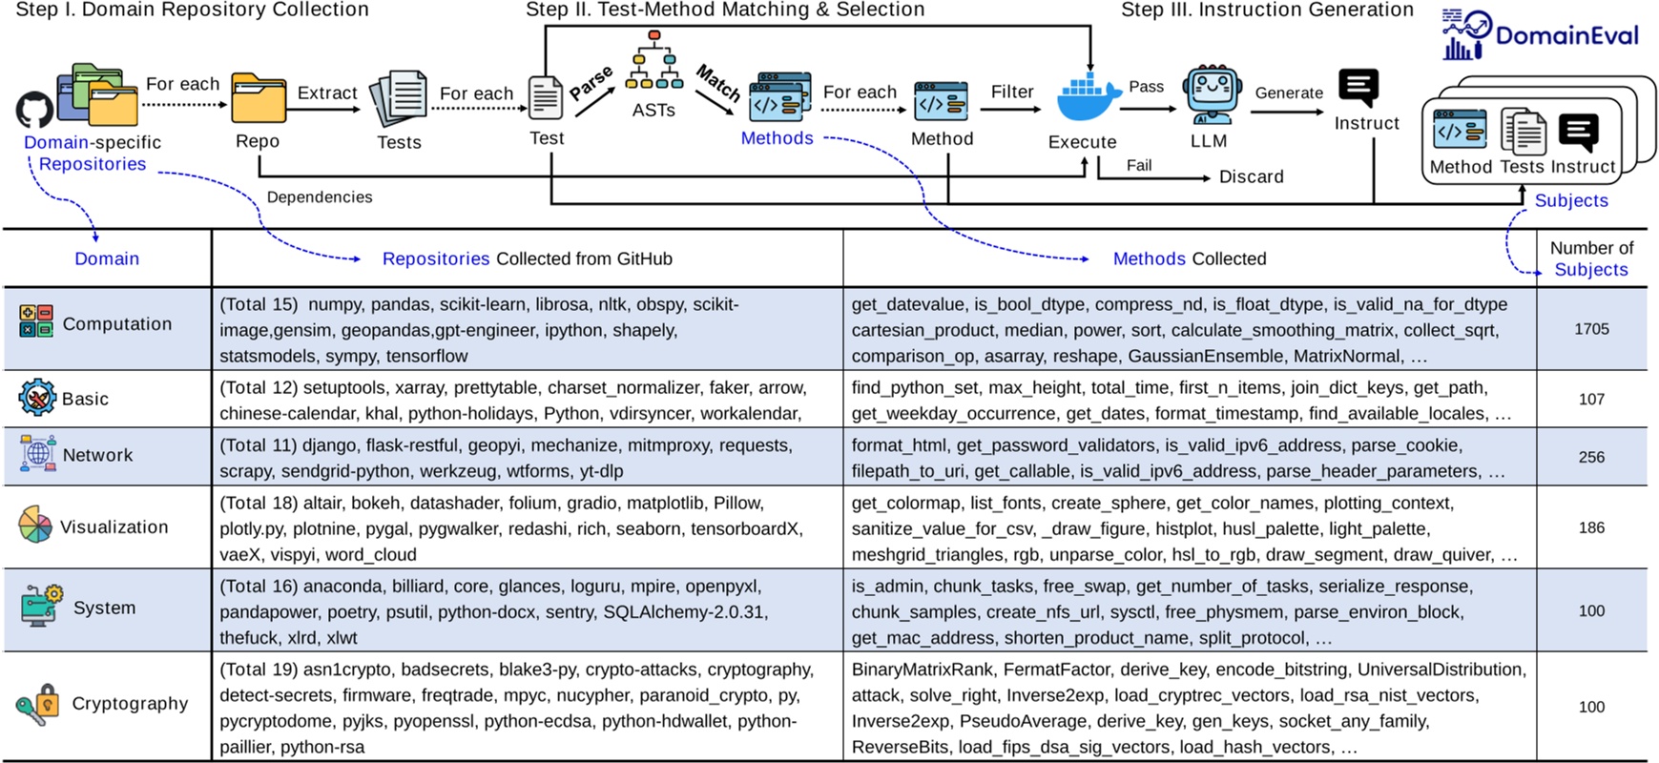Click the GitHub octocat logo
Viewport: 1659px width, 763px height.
click(34, 110)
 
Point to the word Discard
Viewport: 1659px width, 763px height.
click(1251, 176)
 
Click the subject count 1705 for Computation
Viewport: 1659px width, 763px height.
click(1591, 329)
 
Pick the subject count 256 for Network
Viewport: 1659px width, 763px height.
click(1591, 457)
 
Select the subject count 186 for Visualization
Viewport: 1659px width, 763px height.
click(1591, 527)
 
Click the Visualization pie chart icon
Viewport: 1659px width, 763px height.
click(35, 525)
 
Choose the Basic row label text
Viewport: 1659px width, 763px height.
click(85, 399)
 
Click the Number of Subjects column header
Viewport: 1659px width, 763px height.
click(1591, 258)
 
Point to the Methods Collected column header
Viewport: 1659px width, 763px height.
click(1190, 258)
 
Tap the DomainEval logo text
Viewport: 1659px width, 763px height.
click(1566, 36)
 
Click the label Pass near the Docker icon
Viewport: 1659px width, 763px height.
click(1146, 87)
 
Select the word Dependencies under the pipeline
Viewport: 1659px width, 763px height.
click(320, 197)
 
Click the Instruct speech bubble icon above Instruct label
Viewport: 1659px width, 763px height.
click(1358, 89)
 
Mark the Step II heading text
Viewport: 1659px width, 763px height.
click(725, 10)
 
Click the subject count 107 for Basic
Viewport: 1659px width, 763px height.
click(1591, 399)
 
